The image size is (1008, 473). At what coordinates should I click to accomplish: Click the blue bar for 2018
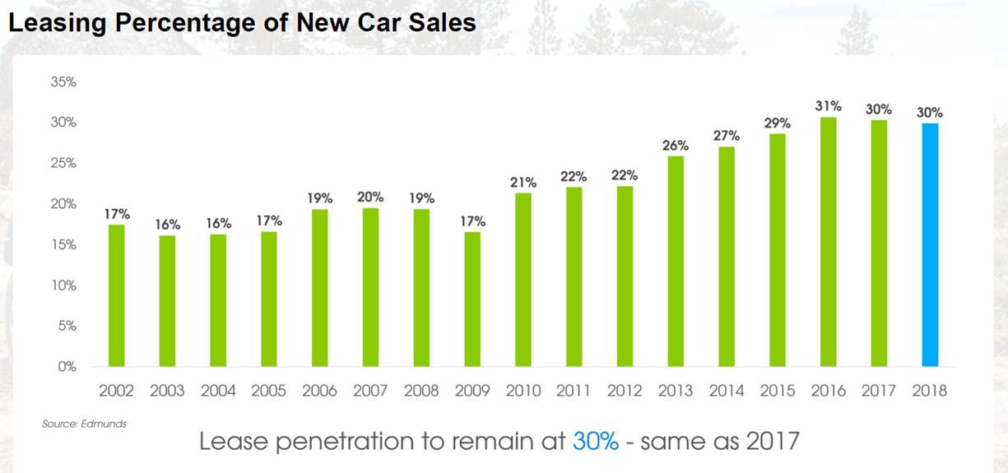[x=930, y=244]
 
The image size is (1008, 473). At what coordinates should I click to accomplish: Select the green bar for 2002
[x=116, y=295]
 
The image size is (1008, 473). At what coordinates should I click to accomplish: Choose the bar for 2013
[x=676, y=261]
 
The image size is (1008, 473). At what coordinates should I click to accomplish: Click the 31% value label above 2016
[x=828, y=106]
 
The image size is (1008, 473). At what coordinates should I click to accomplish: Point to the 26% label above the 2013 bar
[x=676, y=146]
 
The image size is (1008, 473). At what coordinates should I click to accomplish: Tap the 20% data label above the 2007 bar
[x=370, y=197]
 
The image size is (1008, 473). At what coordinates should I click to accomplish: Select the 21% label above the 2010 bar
[x=523, y=182]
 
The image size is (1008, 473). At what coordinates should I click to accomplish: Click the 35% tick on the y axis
[x=63, y=82]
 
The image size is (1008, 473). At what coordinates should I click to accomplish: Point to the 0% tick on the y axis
[x=66, y=367]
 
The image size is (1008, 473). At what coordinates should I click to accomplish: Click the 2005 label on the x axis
[x=268, y=391]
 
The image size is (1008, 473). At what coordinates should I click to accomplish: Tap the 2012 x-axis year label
[x=625, y=391]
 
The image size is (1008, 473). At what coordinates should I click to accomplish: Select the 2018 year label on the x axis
[x=930, y=391]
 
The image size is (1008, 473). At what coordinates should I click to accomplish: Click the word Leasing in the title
[x=58, y=23]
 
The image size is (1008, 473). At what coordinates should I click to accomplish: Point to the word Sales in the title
[x=445, y=23]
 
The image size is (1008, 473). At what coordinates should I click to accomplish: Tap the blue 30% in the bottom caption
[x=595, y=441]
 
